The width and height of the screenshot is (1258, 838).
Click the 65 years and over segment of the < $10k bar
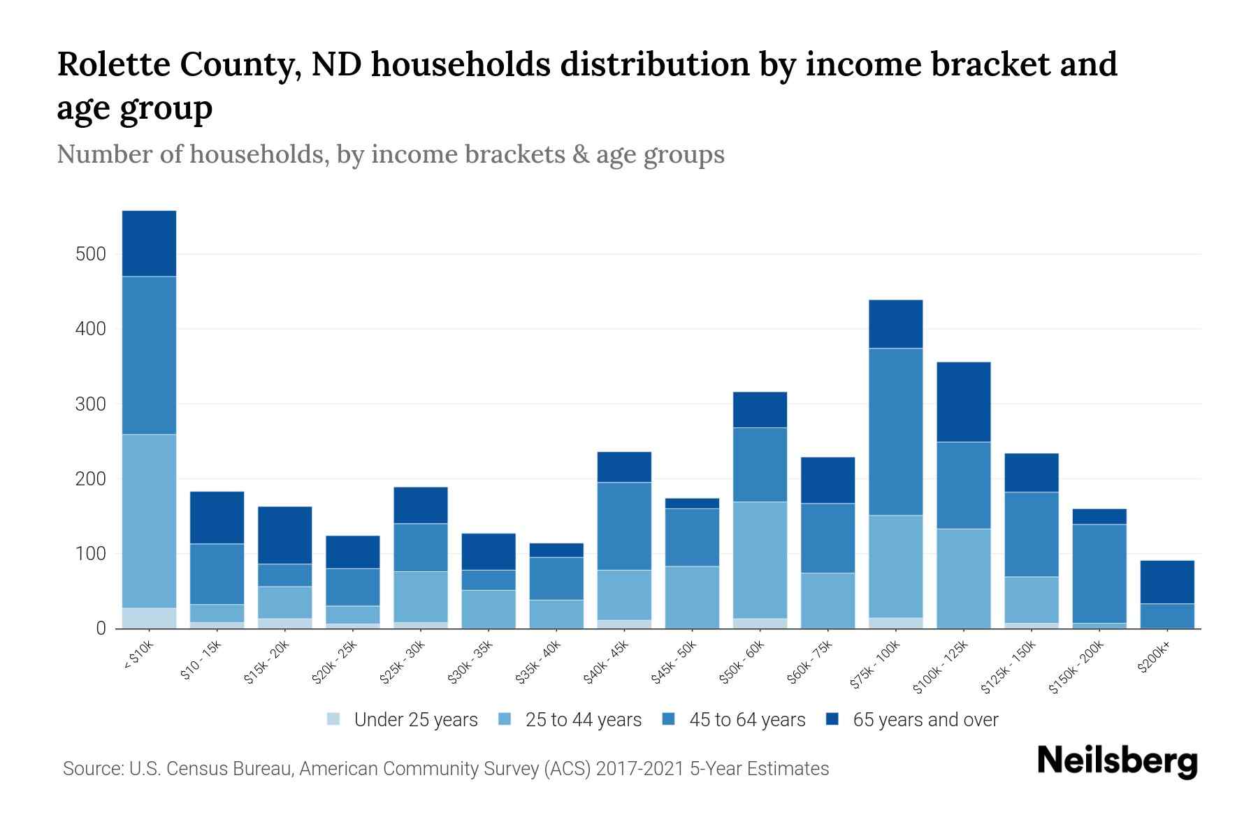(149, 243)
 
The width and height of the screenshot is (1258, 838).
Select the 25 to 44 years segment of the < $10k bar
(149, 521)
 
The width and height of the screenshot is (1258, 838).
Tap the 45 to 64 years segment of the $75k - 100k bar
(895, 432)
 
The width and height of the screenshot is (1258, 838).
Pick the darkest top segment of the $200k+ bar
(1166, 582)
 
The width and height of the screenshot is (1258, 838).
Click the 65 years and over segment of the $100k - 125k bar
(963, 402)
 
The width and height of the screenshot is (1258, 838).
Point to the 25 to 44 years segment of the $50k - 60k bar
(760, 560)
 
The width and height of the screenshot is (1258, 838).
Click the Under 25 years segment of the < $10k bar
(149, 618)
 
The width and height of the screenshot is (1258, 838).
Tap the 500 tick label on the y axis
(91, 254)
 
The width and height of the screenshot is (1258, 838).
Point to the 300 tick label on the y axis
(91, 404)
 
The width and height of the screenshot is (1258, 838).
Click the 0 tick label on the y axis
(101, 628)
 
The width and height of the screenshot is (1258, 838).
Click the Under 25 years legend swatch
(334, 719)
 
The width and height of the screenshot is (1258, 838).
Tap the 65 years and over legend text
(925, 720)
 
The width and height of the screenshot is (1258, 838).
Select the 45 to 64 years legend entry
(734, 720)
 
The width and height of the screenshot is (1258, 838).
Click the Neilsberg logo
(1117, 760)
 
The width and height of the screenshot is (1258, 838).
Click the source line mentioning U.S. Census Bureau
(446, 769)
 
